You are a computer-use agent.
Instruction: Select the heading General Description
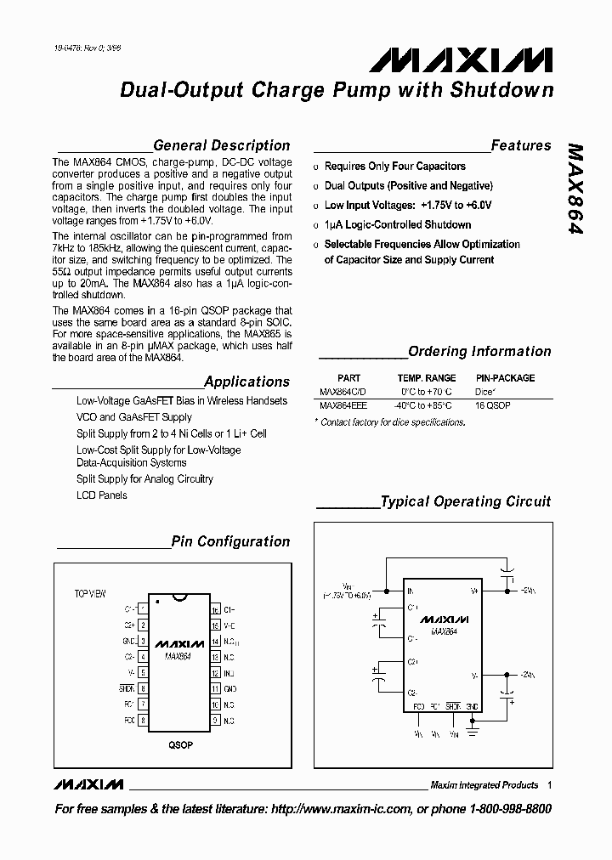click(x=221, y=146)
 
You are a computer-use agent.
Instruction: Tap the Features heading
click(x=520, y=146)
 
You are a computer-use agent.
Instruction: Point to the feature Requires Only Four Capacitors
click(x=394, y=167)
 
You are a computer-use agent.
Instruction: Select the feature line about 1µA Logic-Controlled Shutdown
click(x=397, y=225)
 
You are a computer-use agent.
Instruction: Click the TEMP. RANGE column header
click(x=426, y=378)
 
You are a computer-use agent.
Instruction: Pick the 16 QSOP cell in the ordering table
click(x=493, y=406)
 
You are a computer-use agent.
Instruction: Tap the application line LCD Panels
click(x=101, y=495)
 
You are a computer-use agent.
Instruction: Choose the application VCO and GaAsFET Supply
click(x=133, y=417)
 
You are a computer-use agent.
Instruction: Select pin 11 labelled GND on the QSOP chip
click(x=215, y=689)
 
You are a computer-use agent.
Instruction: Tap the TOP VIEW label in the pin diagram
click(x=89, y=594)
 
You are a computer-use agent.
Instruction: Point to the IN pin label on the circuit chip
click(x=411, y=590)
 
